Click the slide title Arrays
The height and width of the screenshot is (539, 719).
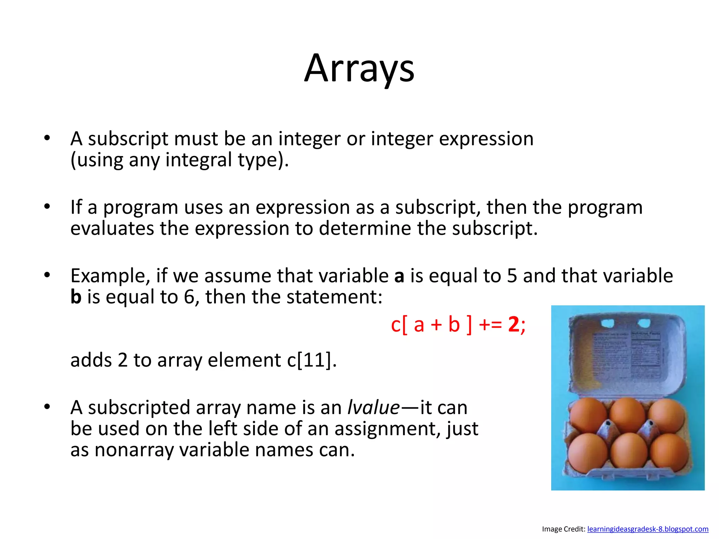(x=359, y=68)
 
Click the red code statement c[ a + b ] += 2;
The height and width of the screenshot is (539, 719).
(x=458, y=325)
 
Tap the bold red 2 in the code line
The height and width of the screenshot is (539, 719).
(x=513, y=325)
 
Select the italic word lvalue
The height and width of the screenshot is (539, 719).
(x=373, y=408)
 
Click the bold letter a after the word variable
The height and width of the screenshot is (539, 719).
(x=399, y=276)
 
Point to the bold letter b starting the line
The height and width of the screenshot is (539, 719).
(x=76, y=297)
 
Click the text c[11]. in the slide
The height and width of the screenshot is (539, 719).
(x=312, y=360)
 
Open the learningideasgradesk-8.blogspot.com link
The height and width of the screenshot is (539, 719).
(x=648, y=529)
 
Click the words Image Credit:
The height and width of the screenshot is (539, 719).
(x=563, y=529)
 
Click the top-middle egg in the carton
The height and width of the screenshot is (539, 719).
(x=627, y=414)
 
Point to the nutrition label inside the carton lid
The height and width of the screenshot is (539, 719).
(x=645, y=354)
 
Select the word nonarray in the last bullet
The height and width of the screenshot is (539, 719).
(x=134, y=450)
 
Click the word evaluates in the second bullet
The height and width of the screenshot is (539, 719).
(x=112, y=229)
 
